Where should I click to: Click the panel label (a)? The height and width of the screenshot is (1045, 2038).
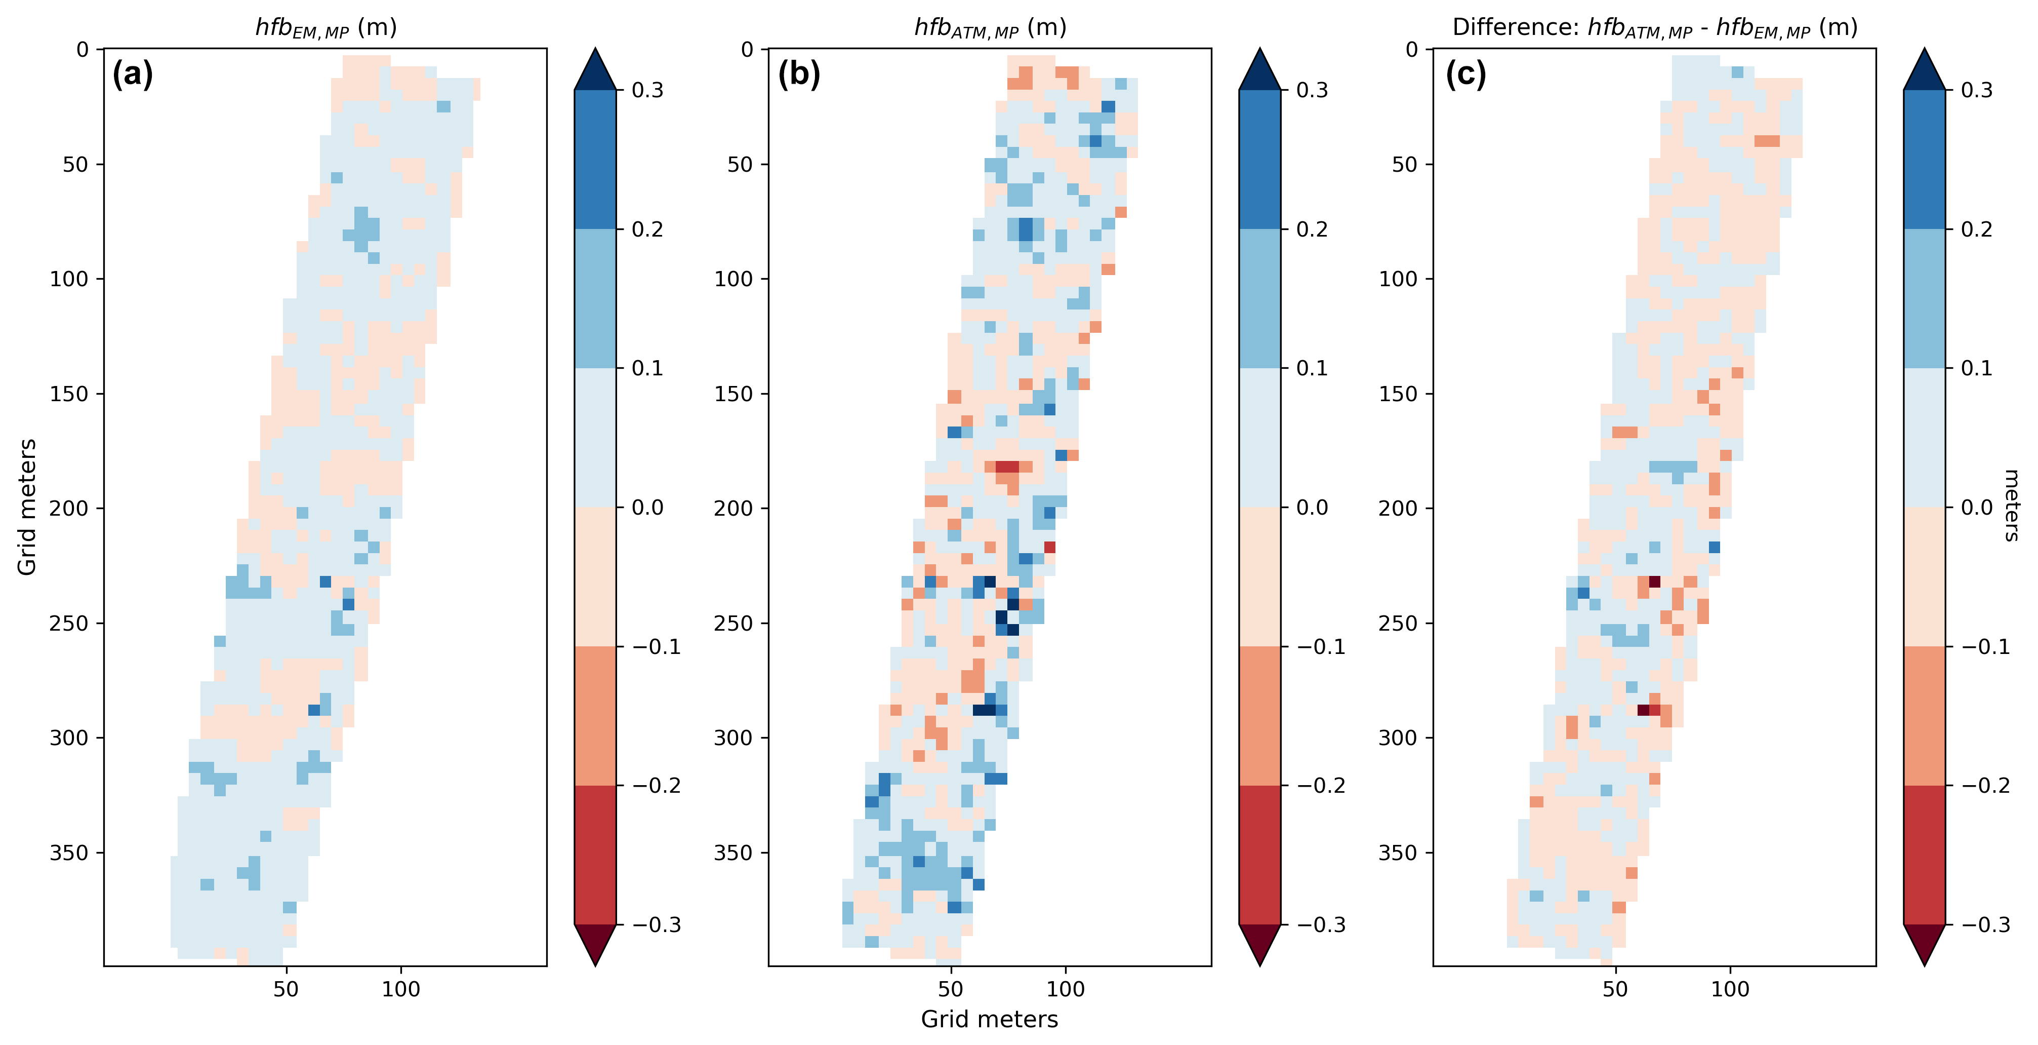tap(132, 74)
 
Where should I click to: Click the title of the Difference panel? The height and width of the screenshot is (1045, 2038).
tap(1654, 28)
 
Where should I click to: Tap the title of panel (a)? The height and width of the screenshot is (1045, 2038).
tap(325, 28)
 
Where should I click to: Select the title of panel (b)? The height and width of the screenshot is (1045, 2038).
tap(990, 28)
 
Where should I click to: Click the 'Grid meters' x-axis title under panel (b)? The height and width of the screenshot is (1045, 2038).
tap(989, 1019)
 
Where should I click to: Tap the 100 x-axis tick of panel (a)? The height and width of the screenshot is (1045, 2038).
tap(401, 989)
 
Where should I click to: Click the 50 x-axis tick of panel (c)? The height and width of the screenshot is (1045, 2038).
tap(1615, 989)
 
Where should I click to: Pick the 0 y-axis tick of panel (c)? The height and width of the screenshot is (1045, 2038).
tap(1411, 50)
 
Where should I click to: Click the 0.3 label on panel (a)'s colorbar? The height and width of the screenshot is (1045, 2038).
tap(647, 90)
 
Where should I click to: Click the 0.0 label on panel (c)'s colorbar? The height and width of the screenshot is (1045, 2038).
tap(1976, 508)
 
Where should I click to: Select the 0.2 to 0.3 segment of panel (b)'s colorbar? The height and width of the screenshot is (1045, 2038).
tap(1259, 159)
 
